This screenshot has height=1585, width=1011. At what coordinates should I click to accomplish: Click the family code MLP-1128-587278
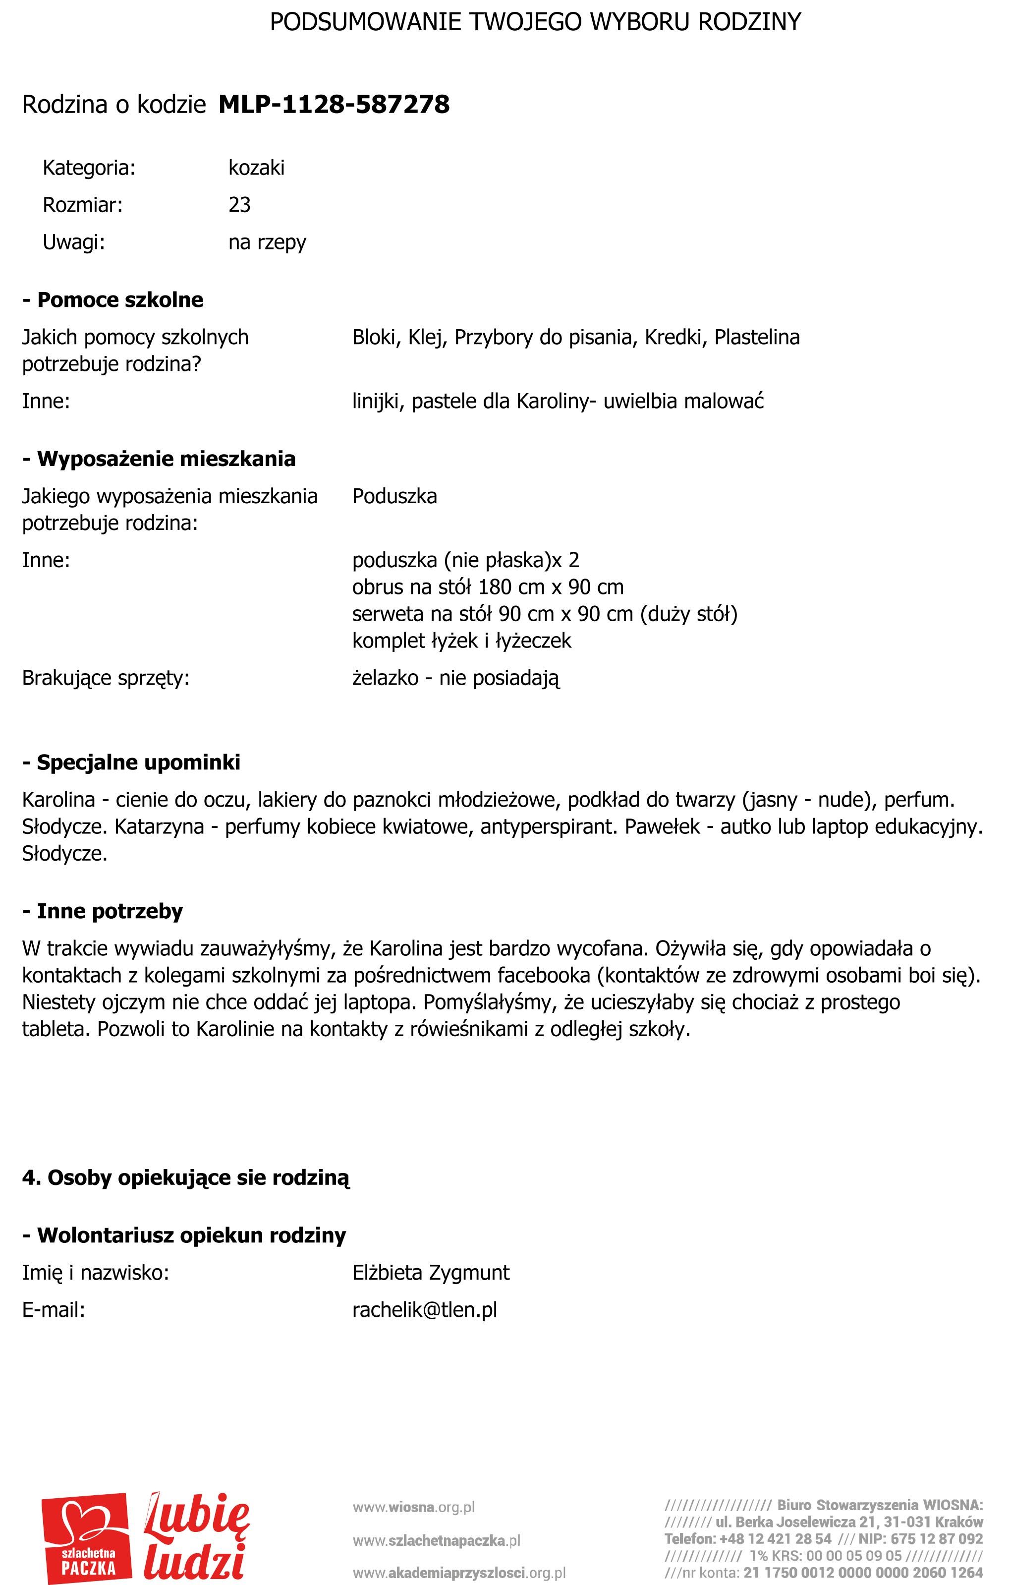click(x=334, y=104)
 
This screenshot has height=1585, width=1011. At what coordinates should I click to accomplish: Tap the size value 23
click(x=239, y=205)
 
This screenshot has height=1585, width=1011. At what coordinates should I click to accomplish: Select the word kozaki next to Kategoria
click(x=257, y=168)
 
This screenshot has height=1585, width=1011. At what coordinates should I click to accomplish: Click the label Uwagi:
click(x=74, y=242)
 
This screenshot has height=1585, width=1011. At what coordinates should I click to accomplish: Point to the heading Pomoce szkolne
click(x=120, y=299)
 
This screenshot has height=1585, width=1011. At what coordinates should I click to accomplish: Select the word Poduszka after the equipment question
click(x=394, y=496)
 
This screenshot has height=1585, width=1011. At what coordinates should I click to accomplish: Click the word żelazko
click(x=385, y=677)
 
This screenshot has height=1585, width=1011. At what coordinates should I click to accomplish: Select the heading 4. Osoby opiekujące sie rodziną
click(x=186, y=1177)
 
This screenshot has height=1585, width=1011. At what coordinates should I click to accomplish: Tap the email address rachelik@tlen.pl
click(x=424, y=1309)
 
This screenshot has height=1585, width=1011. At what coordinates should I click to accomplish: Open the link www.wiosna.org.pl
click(x=414, y=1507)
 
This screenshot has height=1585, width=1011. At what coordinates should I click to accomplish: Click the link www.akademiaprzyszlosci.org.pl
click(x=459, y=1573)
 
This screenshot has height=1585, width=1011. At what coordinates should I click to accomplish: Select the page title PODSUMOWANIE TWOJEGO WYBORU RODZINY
click(x=535, y=22)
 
